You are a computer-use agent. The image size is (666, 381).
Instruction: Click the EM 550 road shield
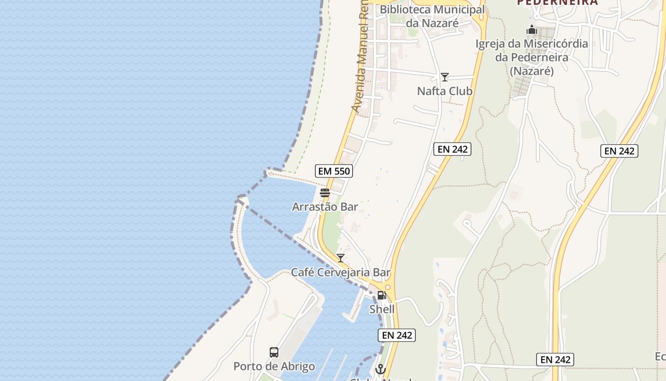click(333, 171)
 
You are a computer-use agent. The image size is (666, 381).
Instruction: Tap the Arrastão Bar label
click(325, 207)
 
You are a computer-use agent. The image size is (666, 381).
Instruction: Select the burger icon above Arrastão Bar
click(325, 193)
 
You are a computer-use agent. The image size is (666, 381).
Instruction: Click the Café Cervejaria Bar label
click(341, 273)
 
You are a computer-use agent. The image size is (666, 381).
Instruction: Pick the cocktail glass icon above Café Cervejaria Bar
click(341, 258)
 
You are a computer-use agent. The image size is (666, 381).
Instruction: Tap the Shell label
click(382, 309)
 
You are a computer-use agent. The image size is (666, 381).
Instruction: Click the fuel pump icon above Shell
click(382, 295)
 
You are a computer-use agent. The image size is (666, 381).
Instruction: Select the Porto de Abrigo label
click(274, 367)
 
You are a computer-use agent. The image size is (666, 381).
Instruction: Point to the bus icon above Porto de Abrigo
click(274, 352)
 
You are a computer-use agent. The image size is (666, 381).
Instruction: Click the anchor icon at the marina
click(380, 369)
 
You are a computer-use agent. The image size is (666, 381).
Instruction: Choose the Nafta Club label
click(444, 91)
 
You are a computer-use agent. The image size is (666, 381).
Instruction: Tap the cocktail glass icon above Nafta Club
click(445, 77)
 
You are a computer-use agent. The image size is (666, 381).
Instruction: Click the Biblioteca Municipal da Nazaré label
click(432, 16)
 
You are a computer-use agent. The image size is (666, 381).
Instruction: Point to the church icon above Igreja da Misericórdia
click(532, 30)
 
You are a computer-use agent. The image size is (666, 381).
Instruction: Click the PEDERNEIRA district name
click(557, 3)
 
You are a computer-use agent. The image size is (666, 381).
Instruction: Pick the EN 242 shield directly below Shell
click(397, 335)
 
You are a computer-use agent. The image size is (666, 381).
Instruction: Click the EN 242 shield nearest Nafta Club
click(452, 149)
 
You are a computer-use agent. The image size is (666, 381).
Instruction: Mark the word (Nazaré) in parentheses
click(532, 71)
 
